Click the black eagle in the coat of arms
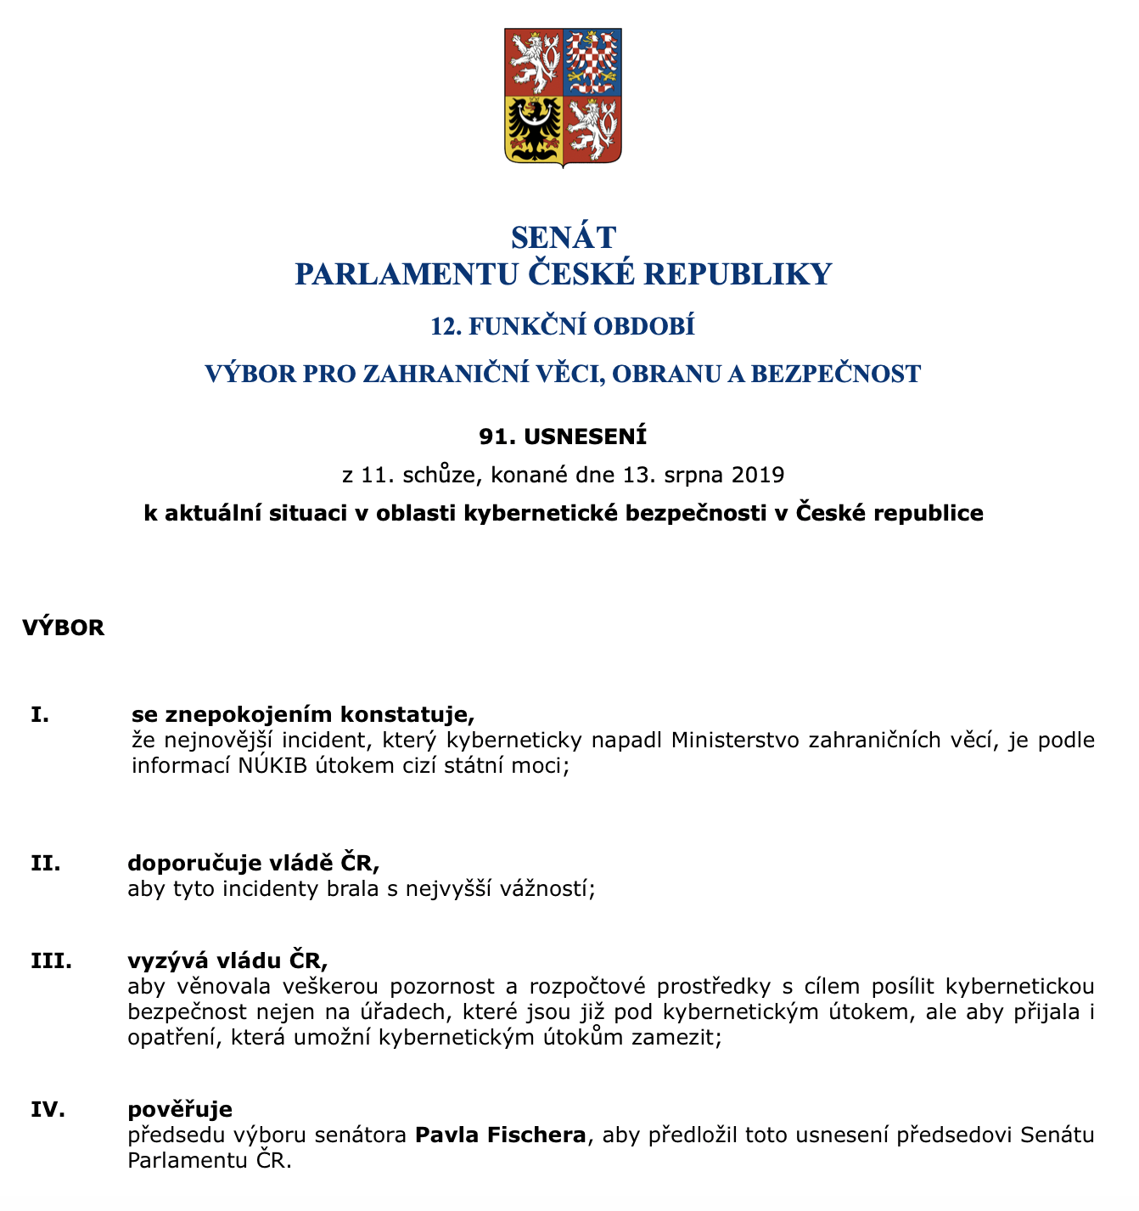click(533, 129)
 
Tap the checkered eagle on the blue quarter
click(592, 61)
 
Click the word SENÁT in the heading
click(564, 237)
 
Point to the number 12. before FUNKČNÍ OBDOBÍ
click(446, 327)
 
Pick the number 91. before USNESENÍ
click(497, 437)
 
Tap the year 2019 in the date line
click(756, 474)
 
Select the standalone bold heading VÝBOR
click(64, 628)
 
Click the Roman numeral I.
click(39, 714)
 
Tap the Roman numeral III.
click(51, 961)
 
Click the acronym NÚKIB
click(272, 766)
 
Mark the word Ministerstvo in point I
click(736, 741)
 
